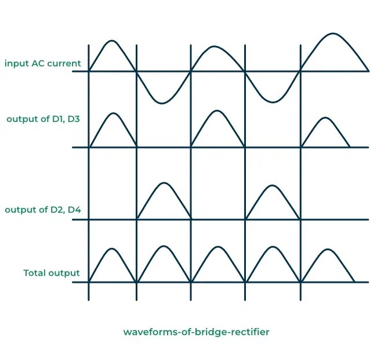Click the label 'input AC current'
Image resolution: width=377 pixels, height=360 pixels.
(x=42, y=63)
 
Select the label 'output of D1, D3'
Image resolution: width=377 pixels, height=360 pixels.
(x=43, y=119)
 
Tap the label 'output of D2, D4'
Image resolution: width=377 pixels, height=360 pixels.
(x=42, y=210)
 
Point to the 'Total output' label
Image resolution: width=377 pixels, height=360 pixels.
(x=52, y=272)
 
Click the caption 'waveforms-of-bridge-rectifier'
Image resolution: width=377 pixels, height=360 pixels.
(x=196, y=332)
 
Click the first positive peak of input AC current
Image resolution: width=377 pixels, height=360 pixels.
(x=112, y=41)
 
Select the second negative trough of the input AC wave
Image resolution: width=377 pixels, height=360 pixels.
(x=271, y=102)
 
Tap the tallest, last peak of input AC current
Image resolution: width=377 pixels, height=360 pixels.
(x=332, y=34)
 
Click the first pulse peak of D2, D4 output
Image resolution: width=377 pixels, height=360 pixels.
(x=165, y=183)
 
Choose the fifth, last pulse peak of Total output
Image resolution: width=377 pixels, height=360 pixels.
(x=328, y=250)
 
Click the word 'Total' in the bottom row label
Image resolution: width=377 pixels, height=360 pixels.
(x=37, y=272)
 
